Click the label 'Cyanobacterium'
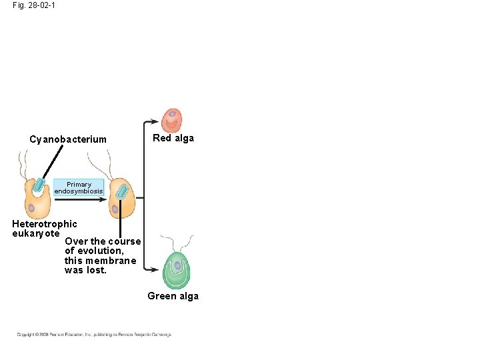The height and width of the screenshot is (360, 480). click(x=68, y=139)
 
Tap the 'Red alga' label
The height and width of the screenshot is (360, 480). click(x=173, y=138)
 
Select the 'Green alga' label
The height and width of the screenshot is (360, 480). click(x=173, y=296)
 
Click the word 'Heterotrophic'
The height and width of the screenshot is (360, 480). click(x=45, y=224)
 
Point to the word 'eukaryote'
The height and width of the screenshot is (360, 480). click(x=36, y=233)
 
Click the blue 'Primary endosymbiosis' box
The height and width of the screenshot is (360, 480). click(x=79, y=188)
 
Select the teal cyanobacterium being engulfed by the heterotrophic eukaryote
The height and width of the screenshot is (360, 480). click(x=39, y=185)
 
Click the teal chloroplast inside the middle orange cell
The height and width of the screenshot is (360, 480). click(x=121, y=192)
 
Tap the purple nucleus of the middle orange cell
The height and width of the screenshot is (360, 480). click(x=115, y=209)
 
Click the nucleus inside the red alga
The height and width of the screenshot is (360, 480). click(x=172, y=123)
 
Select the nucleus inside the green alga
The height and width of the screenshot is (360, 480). click(x=177, y=265)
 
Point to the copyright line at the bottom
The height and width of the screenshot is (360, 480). click(x=93, y=334)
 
